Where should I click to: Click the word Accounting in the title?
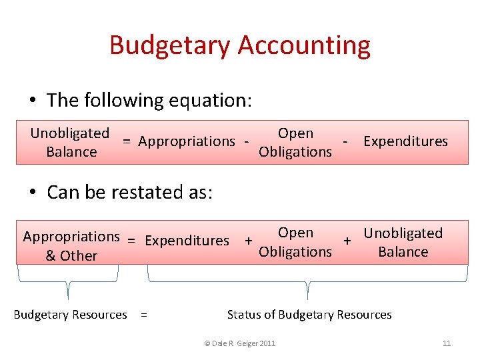coord(303,45)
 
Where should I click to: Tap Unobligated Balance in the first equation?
coord(70,143)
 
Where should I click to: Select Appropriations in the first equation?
coord(187,141)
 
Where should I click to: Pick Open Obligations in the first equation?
coord(295,143)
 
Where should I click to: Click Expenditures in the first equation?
coord(405,141)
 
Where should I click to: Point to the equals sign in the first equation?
coord(125,141)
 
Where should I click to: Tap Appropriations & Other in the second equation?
coord(71,246)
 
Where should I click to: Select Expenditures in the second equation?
coord(187,241)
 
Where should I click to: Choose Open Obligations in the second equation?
coord(295,242)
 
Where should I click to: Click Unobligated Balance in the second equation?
coord(403,242)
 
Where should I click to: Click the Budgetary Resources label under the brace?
coord(70,315)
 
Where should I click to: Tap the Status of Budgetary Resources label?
coord(309,315)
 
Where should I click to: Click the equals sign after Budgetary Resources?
coord(144,315)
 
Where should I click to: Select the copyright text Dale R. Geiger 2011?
coord(239,343)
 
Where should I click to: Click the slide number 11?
coord(447,343)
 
